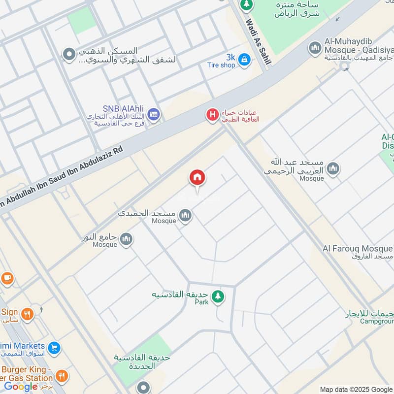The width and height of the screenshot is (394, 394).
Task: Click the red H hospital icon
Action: [212, 115]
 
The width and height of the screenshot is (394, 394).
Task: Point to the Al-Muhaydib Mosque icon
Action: [315, 48]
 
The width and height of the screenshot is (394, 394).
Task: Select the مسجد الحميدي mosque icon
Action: [185, 215]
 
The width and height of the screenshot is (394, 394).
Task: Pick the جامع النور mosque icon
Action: [126, 239]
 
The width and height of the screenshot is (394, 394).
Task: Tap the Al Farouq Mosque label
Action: [358, 249]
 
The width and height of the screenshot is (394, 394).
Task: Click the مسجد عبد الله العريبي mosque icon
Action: [333, 168]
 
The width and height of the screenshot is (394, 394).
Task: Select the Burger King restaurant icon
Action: [62, 376]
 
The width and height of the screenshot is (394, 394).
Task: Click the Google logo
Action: [21, 387]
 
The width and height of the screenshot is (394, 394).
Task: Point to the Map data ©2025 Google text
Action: [356, 389]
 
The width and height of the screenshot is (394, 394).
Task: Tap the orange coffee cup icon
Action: [7, 278]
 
